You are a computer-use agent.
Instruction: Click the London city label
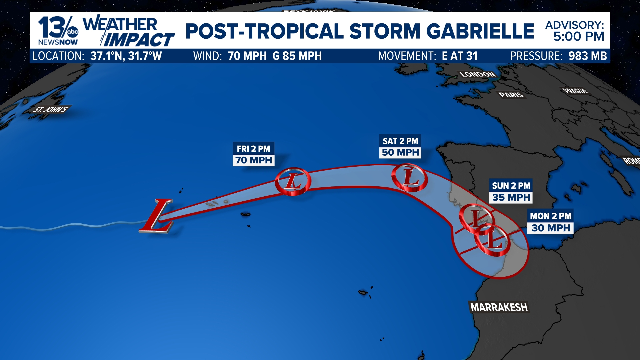478,74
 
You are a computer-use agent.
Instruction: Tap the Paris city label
511,95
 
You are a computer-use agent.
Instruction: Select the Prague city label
576,91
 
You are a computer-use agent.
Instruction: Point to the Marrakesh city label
499,307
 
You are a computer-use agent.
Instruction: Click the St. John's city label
51,110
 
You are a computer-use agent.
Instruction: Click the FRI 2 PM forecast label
253,149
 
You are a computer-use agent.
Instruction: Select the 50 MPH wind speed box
400,153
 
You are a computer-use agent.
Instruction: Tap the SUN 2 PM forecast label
511,186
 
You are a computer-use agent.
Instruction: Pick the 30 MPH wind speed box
551,228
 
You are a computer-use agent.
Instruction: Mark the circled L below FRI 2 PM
293,181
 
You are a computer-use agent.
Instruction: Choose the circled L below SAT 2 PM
410,177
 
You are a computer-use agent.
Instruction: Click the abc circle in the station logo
72,32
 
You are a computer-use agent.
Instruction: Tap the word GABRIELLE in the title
480,31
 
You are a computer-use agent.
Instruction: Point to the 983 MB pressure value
587,56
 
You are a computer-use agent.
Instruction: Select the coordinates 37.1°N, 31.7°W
126,56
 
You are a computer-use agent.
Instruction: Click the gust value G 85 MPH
297,56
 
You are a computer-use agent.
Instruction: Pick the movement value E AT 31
460,56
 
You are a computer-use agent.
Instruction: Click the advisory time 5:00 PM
579,37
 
